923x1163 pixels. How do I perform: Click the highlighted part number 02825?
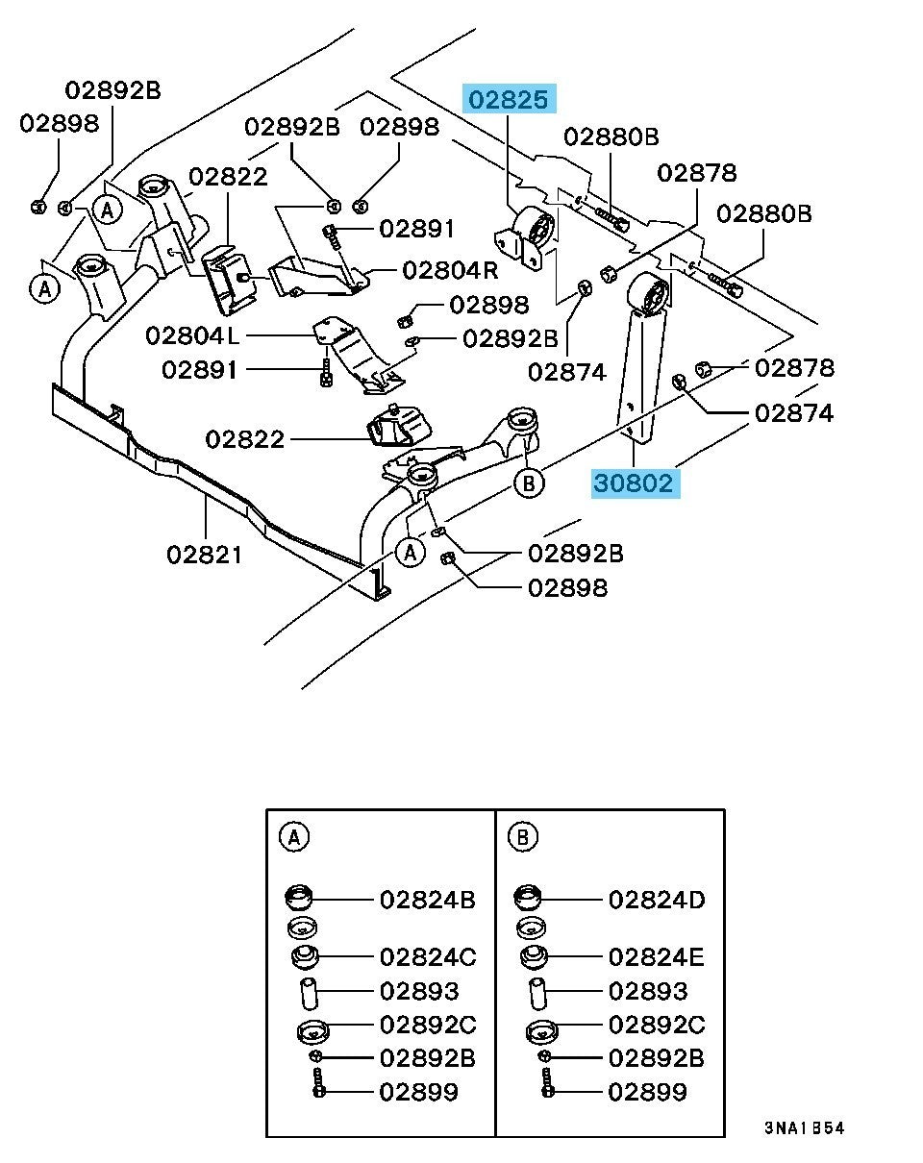(510, 100)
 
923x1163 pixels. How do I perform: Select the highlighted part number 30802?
(634, 483)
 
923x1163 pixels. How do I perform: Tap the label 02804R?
(450, 270)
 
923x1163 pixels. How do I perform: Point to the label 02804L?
(193, 335)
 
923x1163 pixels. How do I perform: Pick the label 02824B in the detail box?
(428, 901)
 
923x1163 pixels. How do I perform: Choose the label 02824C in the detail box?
(428, 957)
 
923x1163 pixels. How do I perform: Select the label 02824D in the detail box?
(657, 901)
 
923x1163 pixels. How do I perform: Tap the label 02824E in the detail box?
(657, 957)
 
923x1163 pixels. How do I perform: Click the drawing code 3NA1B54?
(805, 1127)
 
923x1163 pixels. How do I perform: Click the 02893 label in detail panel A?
(419, 991)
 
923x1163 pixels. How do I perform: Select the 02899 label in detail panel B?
(648, 1091)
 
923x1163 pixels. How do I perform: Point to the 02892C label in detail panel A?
(428, 1025)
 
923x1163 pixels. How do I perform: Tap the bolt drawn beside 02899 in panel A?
(319, 1089)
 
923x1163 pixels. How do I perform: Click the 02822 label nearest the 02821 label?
(245, 439)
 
